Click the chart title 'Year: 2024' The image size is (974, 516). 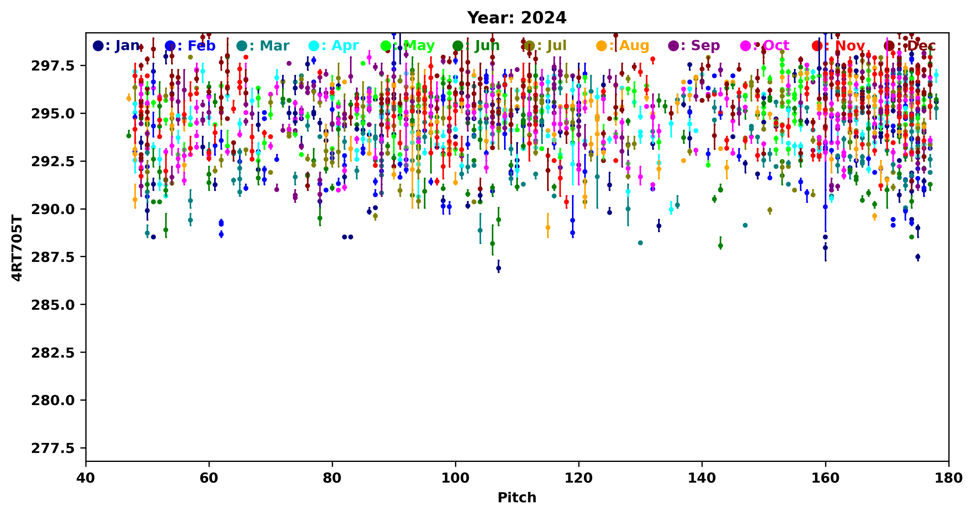pos(516,18)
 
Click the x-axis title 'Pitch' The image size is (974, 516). pos(516,497)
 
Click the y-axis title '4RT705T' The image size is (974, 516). pos(17,247)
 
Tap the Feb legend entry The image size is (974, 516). pos(190,46)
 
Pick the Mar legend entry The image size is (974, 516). pos(263,46)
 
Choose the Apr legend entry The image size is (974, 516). pos(334,46)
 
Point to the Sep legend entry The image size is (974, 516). pos(694,46)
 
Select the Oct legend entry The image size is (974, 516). pos(765,46)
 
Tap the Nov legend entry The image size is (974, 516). pos(838,46)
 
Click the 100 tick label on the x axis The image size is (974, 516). pos(455,478)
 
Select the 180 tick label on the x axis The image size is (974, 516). pos(948,478)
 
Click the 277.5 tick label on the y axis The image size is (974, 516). pos(53,448)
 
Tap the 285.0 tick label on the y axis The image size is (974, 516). pos(53,305)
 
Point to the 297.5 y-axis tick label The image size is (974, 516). pos(53,66)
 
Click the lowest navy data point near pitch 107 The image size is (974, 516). pos(499,268)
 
